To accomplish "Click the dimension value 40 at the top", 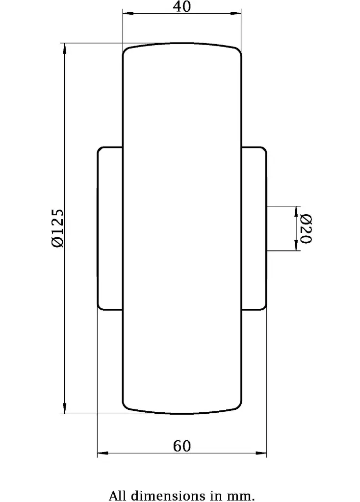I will coord(182,6).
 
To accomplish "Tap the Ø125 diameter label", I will coord(57,228).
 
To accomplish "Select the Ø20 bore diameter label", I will coord(305,228).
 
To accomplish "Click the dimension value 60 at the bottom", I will coord(182,446).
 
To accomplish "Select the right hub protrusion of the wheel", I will coord(254,228).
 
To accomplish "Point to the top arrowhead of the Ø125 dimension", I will coord(63,47).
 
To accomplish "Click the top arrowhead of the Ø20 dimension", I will coord(296,210).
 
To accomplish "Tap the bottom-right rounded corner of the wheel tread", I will coord(238,406).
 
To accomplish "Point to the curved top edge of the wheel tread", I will coord(182,44).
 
